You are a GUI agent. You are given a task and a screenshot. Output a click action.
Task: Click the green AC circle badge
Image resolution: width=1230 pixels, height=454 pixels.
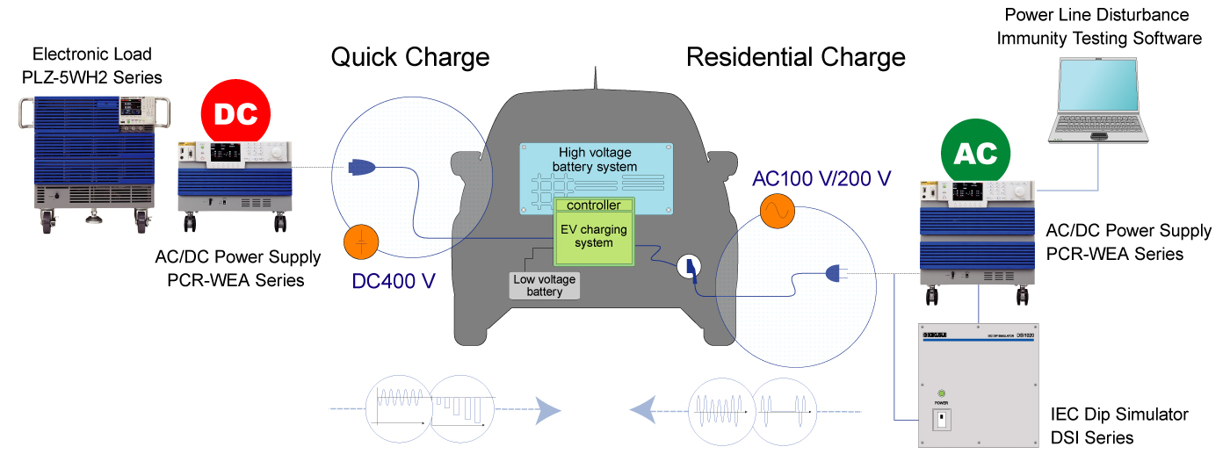976,154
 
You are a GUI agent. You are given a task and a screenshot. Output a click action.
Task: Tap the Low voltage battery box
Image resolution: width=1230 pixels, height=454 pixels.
545,285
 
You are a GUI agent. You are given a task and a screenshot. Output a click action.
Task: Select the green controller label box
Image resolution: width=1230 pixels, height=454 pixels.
593,205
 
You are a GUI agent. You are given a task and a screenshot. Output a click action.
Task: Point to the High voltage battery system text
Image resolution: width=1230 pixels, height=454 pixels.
597,160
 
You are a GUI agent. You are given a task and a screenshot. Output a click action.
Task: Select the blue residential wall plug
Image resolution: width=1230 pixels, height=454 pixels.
834,275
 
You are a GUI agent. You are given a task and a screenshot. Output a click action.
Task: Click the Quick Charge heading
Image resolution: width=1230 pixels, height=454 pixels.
409,58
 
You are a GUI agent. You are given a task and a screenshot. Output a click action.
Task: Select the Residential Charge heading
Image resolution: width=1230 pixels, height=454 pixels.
795,58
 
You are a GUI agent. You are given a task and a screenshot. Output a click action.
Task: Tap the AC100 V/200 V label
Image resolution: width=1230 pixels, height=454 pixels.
821,179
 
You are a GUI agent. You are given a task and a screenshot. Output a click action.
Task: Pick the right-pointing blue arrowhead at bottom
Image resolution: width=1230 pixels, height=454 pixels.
548,410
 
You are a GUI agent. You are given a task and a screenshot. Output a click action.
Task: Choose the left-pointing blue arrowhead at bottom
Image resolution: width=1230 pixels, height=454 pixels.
642,409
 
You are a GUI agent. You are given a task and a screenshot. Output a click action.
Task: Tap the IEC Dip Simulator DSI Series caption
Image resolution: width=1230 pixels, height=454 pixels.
1118,425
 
